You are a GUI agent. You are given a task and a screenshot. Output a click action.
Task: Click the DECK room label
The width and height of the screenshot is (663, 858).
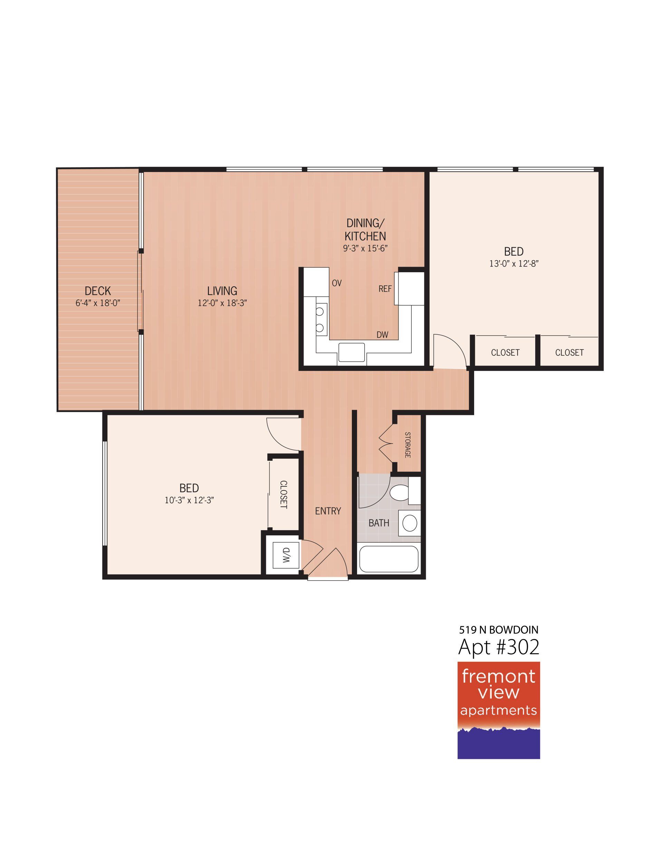click(x=98, y=291)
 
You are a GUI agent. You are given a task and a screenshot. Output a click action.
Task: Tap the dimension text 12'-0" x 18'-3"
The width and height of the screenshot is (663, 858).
click(x=222, y=303)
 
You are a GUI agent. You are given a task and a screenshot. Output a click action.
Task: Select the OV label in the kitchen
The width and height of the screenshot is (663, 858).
click(x=337, y=283)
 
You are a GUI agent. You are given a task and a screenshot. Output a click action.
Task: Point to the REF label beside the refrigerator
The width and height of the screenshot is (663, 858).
click(x=385, y=289)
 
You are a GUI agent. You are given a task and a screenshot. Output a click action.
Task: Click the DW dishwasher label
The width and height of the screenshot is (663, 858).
click(x=382, y=335)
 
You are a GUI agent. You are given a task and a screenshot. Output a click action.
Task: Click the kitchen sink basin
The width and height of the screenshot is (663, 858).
click(x=352, y=352)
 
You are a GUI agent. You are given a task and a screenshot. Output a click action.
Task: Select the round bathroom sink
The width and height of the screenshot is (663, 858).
click(x=410, y=523)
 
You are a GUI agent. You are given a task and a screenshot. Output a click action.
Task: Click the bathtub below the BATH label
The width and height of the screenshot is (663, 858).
click(x=389, y=559)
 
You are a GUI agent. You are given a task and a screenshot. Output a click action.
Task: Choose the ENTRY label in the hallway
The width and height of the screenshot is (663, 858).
click(x=328, y=511)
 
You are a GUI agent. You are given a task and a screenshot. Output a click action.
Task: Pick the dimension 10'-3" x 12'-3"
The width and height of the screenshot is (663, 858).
click(x=189, y=500)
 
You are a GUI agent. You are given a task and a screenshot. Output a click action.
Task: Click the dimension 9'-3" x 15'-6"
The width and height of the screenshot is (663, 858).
click(x=365, y=248)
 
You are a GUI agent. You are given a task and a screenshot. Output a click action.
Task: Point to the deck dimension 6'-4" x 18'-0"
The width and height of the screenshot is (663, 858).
click(x=98, y=303)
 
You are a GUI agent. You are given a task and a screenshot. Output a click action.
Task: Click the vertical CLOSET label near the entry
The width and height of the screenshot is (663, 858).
click(x=284, y=495)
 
